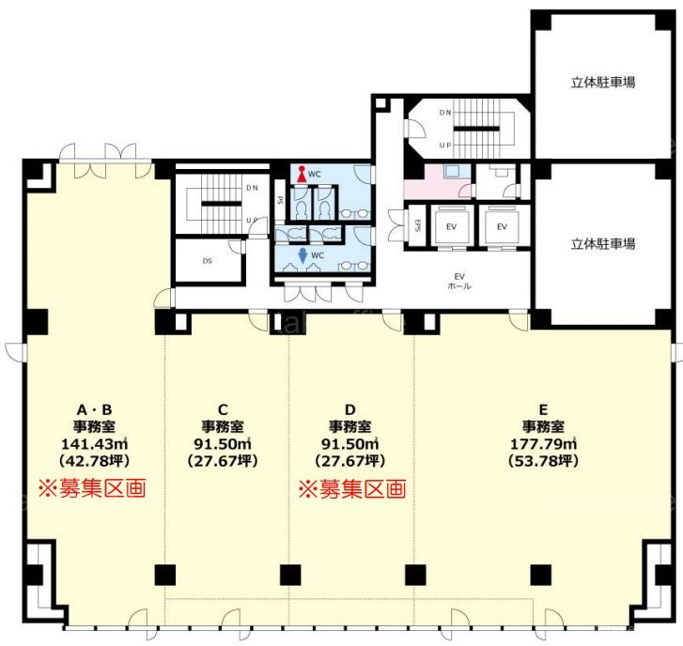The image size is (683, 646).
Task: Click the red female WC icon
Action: click(302, 174)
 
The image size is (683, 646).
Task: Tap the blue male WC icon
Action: click(303, 255)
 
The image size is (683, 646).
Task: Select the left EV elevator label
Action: click(451, 227)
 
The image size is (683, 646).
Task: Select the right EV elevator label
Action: click(502, 227)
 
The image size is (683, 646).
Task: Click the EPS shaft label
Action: click(417, 225)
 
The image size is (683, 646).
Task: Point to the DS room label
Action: click(208, 261)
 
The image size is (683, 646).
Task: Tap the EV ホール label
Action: click(459, 281)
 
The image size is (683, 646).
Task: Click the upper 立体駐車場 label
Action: click(603, 83)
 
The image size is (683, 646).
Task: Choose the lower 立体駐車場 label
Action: click(603, 244)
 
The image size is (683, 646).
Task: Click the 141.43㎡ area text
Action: click(94, 444)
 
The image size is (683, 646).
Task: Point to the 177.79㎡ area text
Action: click(544, 444)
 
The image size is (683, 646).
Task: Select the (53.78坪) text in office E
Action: click(544, 461)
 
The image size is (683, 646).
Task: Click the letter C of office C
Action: click(223, 410)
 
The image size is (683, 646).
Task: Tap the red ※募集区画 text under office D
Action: click(352, 489)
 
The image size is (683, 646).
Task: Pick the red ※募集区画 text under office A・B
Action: click(92, 488)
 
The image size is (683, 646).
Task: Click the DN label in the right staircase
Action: click(445, 113)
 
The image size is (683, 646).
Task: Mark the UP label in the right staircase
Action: click(445, 145)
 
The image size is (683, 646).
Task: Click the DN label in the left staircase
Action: click(252, 188)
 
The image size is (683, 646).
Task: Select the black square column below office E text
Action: click(541, 575)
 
